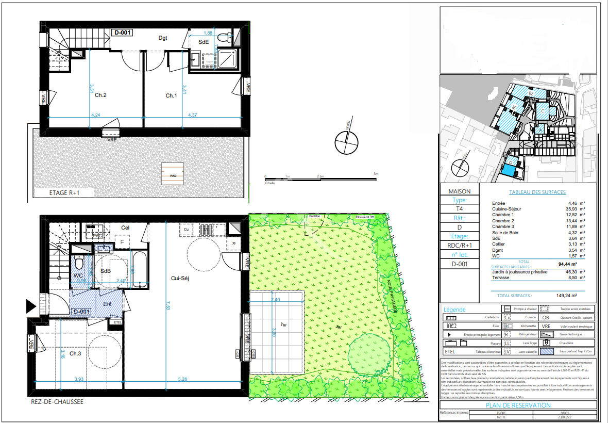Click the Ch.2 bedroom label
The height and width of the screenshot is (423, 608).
[x=100, y=95]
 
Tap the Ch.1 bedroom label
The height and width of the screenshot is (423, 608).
[x=171, y=95]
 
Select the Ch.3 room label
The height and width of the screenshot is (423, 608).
[x=75, y=353]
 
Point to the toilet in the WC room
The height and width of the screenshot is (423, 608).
[x=79, y=264]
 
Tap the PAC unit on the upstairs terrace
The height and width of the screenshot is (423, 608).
[x=172, y=172]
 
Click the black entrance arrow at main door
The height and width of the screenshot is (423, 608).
[x=31, y=307]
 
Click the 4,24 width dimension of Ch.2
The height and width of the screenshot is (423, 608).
[x=95, y=115]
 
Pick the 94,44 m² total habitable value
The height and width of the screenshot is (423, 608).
[x=576, y=264]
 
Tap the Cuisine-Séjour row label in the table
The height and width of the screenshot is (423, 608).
[x=506, y=209]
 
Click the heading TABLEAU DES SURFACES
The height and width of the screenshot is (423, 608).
[x=537, y=192]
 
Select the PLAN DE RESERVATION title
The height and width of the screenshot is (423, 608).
[x=518, y=405]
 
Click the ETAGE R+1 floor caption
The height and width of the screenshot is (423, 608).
[x=63, y=193]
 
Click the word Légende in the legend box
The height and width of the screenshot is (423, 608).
[x=454, y=310]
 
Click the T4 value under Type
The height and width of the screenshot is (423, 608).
[x=459, y=209]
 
